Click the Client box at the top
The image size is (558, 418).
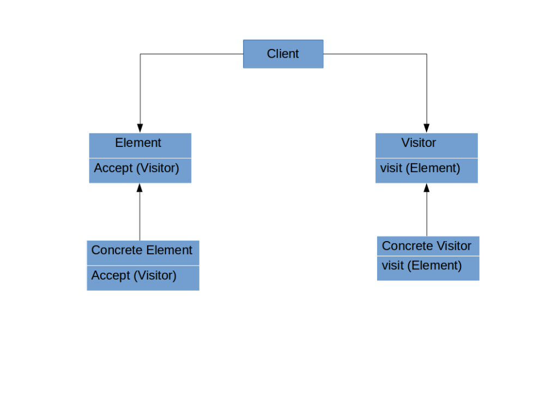pyautogui.click(x=283, y=54)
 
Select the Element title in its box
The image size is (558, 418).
pyautogui.click(x=138, y=143)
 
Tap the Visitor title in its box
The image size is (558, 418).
pyautogui.click(x=418, y=143)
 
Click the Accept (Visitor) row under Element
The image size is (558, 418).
pyautogui.click(x=137, y=168)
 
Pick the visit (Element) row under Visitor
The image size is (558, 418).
pyautogui.click(x=420, y=168)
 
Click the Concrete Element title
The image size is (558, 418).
pyautogui.click(x=142, y=250)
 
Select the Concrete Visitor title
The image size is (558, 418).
pyautogui.click(x=427, y=246)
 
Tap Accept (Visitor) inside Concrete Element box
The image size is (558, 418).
pyautogui.click(x=134, y=276)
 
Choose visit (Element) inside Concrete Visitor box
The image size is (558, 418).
pyautogui.click(x=422, y=266)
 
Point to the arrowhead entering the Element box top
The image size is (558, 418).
pyautogui.click(x=140, y=128)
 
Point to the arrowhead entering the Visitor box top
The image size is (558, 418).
pyautogui.click(x=427, y=128)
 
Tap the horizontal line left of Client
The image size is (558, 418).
pyautogui.click(x=191, y=54)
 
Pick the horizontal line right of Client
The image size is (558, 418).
pyautogui.click(x=376, y=54)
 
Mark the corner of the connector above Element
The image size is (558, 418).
pyautogui.click(x=140, y=54)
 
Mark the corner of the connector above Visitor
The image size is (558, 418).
pyautogui.click(x=427, y=54)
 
